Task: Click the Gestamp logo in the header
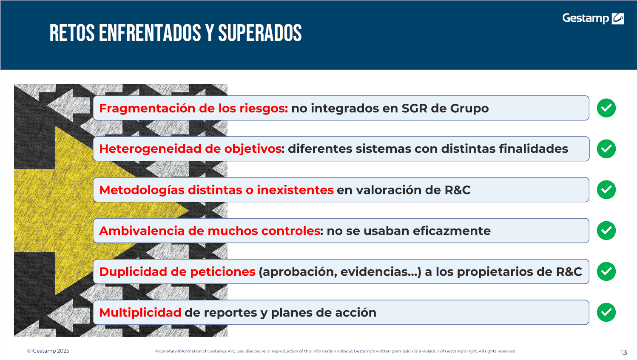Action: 593,18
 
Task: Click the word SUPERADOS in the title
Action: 260,33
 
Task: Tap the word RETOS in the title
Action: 72,33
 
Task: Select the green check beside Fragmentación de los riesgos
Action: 606,108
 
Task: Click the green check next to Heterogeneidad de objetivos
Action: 606,149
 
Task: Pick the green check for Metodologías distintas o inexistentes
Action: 606,189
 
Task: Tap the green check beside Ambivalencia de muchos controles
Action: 606,231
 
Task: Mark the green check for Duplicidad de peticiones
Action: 606,271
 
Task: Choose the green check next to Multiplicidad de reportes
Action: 606,312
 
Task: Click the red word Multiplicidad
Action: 140,313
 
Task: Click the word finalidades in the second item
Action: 534,149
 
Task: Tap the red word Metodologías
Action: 142,190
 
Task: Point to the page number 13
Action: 624,353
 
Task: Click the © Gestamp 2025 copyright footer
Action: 48,351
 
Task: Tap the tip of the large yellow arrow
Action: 188,211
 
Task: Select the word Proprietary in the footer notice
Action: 165,351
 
